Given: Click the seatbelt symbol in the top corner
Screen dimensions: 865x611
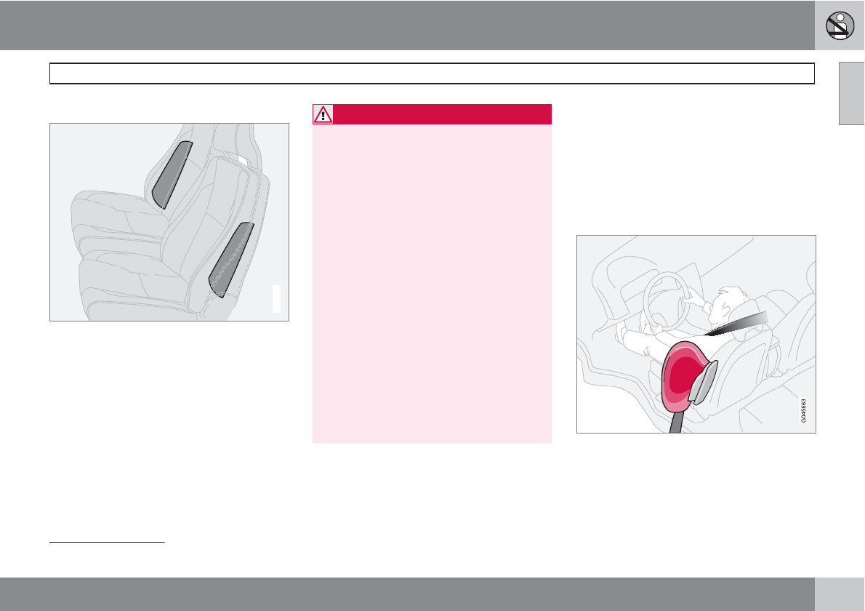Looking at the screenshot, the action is click(x=840, y=25).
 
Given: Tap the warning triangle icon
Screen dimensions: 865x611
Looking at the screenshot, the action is click(x=323, y=114).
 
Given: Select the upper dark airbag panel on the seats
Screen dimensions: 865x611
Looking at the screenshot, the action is click(x=172, y=175).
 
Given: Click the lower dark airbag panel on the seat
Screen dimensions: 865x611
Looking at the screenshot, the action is click(x=230, y=260).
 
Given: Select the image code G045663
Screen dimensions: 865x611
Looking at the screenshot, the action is click(x=804, y=411).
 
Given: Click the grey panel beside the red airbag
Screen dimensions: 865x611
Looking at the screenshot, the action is click(x=703, y=382).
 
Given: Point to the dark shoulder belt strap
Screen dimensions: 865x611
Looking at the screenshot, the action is click(x=736, y=324).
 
